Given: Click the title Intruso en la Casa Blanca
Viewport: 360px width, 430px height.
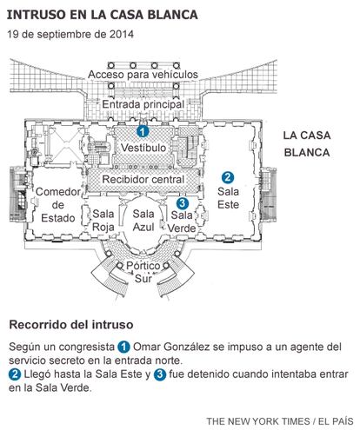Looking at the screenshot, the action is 103,15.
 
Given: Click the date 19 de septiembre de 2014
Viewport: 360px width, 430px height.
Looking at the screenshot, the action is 70,35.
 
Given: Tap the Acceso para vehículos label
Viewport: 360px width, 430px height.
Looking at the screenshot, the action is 143,75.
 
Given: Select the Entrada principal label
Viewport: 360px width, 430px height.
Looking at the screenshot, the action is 143,104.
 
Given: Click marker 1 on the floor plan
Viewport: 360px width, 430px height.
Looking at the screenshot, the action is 143,131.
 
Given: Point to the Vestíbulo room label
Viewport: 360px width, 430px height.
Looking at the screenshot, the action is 143,148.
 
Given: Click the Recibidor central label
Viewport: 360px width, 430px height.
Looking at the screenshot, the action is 143,179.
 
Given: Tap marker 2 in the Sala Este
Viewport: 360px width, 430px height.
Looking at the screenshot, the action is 228,177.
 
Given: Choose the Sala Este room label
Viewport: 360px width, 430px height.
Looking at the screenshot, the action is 228,198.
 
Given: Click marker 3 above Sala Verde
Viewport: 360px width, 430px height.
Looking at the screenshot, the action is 182,203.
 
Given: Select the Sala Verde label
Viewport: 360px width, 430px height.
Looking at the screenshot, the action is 182,222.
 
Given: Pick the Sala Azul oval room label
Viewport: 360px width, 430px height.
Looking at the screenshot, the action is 143,221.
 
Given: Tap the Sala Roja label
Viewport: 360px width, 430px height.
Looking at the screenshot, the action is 103,221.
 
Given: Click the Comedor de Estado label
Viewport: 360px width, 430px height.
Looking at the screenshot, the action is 58,205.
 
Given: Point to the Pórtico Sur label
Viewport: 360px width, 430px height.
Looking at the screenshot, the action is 143,272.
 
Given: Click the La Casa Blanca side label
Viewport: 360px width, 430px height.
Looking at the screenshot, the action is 307,144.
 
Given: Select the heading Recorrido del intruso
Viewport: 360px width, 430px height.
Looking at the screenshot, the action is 71,325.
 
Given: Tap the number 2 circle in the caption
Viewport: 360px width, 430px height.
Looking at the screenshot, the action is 15,374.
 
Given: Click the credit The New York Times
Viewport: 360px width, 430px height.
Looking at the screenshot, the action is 258,421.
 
